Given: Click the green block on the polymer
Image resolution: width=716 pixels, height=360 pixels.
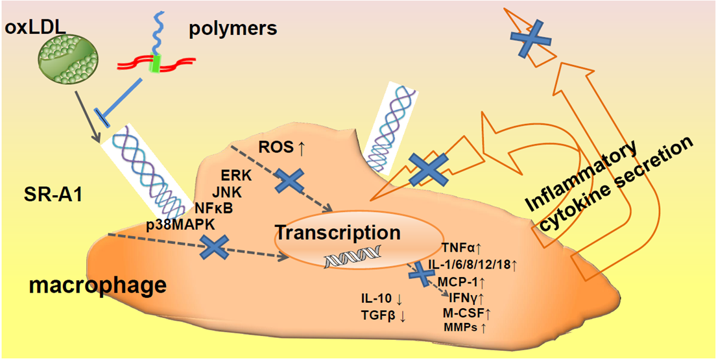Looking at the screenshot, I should (x=155, y=64).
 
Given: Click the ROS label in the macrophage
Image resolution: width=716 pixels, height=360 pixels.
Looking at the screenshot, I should (x=281, y=147).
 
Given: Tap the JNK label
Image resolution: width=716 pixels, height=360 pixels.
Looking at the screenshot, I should (x=227, y=192).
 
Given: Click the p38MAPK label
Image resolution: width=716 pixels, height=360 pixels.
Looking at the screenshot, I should (x=182, y=224).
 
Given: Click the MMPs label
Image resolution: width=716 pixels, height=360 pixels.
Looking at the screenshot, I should (x=465, y=328).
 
